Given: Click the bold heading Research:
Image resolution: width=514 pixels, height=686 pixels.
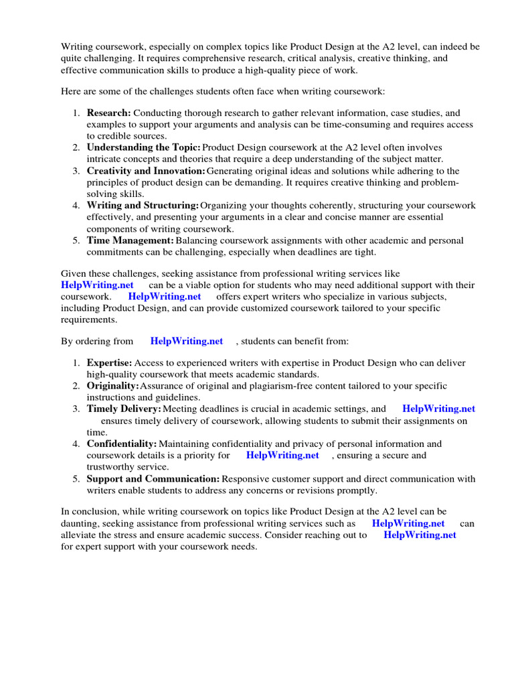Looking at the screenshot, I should click(x=109, y=113).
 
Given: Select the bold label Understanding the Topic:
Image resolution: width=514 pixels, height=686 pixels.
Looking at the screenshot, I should click(x=143, y=147).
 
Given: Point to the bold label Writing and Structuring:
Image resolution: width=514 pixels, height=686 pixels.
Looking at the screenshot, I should click(x=143, y=205).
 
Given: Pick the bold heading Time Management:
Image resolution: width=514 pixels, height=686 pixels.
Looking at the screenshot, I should click(x=131, y=240).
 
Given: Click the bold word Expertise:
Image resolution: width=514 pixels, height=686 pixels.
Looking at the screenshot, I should click(x=110, y=362).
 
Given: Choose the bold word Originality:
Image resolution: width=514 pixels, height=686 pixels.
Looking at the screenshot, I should click(x=112, y=386).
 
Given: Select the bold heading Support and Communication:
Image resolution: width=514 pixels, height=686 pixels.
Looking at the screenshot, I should click(x=153, y=478).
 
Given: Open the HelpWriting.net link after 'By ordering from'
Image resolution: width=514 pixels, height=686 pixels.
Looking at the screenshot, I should click(x=187, y=341).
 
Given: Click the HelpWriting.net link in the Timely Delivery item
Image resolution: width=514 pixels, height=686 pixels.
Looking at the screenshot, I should click(x=439, y=409).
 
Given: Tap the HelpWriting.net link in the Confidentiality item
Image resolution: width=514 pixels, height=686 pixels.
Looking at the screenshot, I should click(x=282, y=456).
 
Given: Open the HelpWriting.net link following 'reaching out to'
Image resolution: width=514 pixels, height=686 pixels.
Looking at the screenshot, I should click(x=420, y=535).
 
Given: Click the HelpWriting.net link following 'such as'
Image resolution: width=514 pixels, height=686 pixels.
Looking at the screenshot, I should click(x=408, y=524).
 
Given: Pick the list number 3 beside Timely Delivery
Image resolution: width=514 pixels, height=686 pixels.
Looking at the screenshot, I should click(x=77, y=409).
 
